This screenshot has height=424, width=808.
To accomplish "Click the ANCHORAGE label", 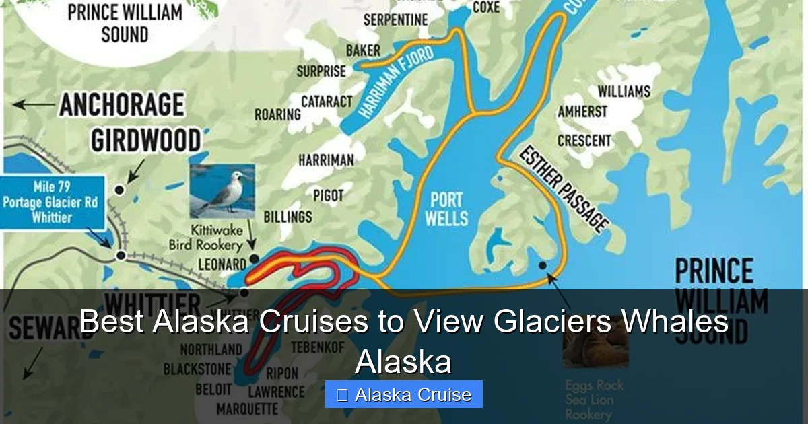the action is click(122, 106).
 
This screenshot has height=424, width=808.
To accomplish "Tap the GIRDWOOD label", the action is click(145, 141).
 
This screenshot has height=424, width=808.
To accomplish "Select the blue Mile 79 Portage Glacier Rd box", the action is click(53, 202).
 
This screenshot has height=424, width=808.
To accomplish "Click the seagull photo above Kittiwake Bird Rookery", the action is click(222, 191).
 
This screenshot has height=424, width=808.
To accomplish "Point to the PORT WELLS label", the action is click(447, 209).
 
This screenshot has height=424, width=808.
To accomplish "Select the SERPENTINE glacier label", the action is click(395, 20).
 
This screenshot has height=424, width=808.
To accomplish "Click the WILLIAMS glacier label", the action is click(624, 91).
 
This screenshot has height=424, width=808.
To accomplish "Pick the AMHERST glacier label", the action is click(582, 112).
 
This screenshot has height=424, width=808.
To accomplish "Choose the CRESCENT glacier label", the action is click(584, 141).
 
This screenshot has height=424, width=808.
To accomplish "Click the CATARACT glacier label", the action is click(327, 102).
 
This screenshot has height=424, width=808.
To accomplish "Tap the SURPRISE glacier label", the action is click(321, 71).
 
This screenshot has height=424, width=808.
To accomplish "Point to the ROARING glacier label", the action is click(277, 115).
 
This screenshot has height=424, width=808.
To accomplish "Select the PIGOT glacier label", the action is click(328, 196).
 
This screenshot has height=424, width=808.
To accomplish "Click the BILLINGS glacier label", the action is click(287, 217).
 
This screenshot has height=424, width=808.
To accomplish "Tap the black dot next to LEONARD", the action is click(253, 258).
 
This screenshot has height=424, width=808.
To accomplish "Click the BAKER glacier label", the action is click(363, 50).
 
